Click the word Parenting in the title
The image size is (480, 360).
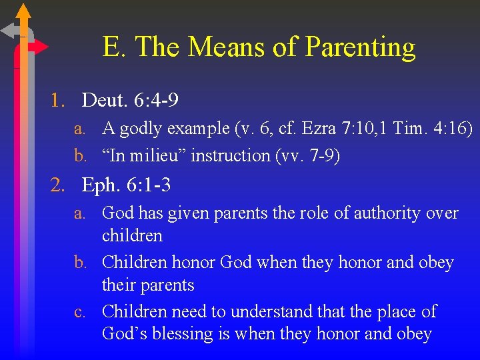pos(360,48)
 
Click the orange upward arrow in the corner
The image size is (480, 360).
pos(23,13)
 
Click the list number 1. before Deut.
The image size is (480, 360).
pos(58,101)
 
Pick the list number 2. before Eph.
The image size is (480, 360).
pos(58,185)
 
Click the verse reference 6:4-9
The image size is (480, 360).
pos(156,101)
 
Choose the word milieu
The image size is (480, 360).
pos(157,155)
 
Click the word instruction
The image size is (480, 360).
pos(228,155)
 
